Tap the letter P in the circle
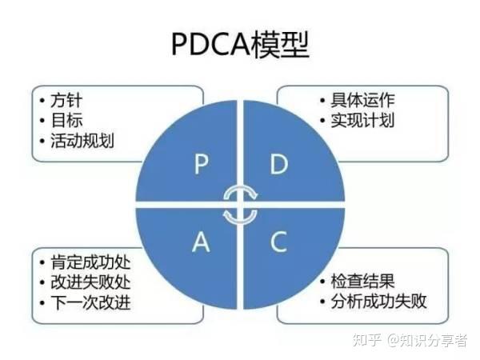click(202, 165)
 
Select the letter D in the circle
click(278, 165)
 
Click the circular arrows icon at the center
click(240, 205)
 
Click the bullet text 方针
click(66, 102)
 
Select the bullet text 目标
click(66, 122)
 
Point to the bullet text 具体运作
click(362, 102)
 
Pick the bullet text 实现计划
click(362, 122)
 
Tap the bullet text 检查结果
click(362, 282)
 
